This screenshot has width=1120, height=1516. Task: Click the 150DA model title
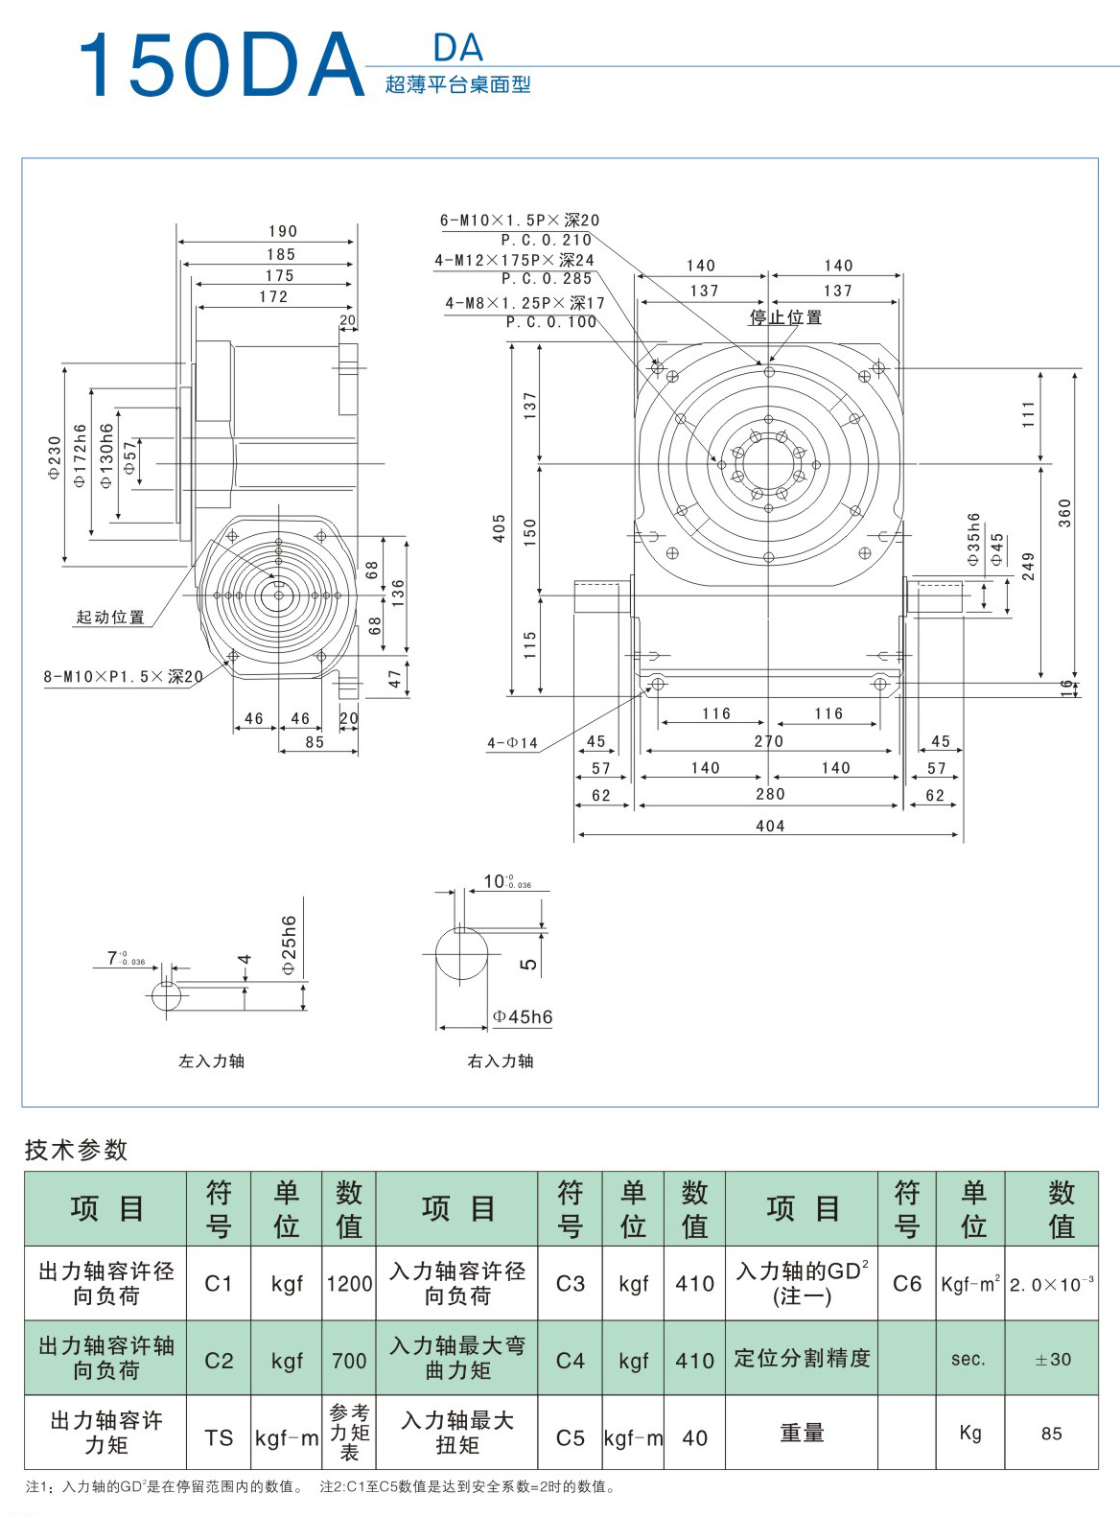tap(221, 66)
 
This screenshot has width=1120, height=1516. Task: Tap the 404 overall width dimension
tap(770, 826)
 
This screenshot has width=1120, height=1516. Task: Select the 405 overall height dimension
tap(500, 528)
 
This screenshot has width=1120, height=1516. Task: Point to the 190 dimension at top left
tap(283, 231)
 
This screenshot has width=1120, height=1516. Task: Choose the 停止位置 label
tap(785, 317)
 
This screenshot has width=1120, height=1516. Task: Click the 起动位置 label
tap(110, 618)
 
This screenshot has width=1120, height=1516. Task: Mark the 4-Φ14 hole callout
tap(513, 743)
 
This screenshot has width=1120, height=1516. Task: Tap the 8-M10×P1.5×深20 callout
tap(123, 677)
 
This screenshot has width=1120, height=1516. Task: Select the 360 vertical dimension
tap(1064, 512)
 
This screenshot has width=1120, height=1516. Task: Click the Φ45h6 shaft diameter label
tap(523, 1017)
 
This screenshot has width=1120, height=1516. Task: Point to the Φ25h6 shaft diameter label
tap(290, 945)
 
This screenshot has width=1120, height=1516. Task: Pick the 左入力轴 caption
tap(211, 1061)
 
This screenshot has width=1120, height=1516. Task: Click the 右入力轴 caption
tap(501, 1061)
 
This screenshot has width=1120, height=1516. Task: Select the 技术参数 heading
tap(76, 1150)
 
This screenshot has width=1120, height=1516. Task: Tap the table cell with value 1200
tap(349, 1283)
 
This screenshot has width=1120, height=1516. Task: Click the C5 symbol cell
tap(570, 1437)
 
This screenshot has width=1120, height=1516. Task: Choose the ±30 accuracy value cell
tap(1052, 1359)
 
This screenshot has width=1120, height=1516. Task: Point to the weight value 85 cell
tap(1052, 1434)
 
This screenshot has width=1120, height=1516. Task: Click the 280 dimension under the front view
tap(770, 794)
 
